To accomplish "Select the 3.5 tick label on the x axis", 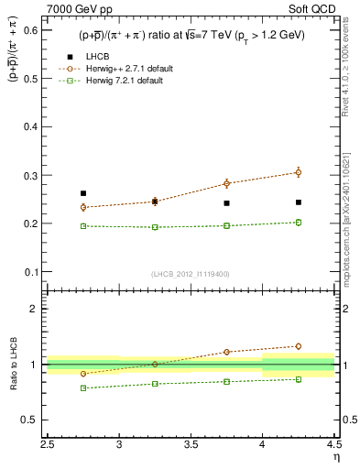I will pyautogui.click(x=191, y=446).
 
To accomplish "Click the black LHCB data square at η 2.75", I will pyautogui.click(x=83, y=193).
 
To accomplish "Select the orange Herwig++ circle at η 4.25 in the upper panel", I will pyautogui.click(x=299, y=172).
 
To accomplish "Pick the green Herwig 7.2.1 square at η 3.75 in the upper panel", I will pyautogui.click(x=227, y=225).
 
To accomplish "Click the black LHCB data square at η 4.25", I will pyautogui.click(x=299, y=202).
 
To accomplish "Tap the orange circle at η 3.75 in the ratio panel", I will pyautogui.click(x=227, y=352).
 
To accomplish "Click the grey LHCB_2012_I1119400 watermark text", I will pyautogui.click(x=191, y=274).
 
